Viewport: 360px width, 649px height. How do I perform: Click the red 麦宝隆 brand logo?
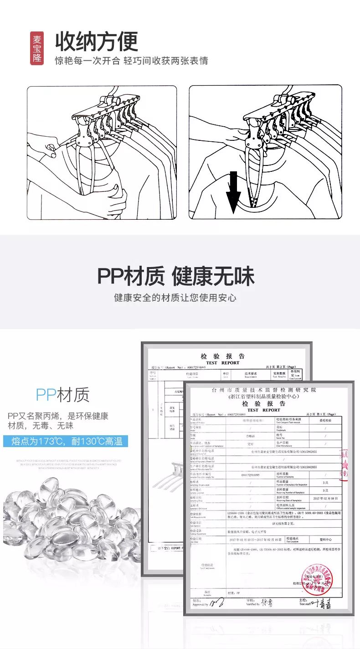[x=37, y=48]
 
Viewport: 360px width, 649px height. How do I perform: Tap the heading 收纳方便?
[x=97, y=42]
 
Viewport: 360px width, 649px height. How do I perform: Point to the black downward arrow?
[x=233, y=192]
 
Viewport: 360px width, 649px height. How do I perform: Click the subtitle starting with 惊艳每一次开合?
[x=131, y=61]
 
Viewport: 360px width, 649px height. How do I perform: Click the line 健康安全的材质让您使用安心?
[x=175, y=298]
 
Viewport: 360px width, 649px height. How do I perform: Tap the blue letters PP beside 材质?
[x=46, y=395]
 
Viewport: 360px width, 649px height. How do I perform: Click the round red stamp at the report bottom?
[x=316, y=579]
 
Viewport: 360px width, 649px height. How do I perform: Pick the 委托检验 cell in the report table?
[x=324, y=421]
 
